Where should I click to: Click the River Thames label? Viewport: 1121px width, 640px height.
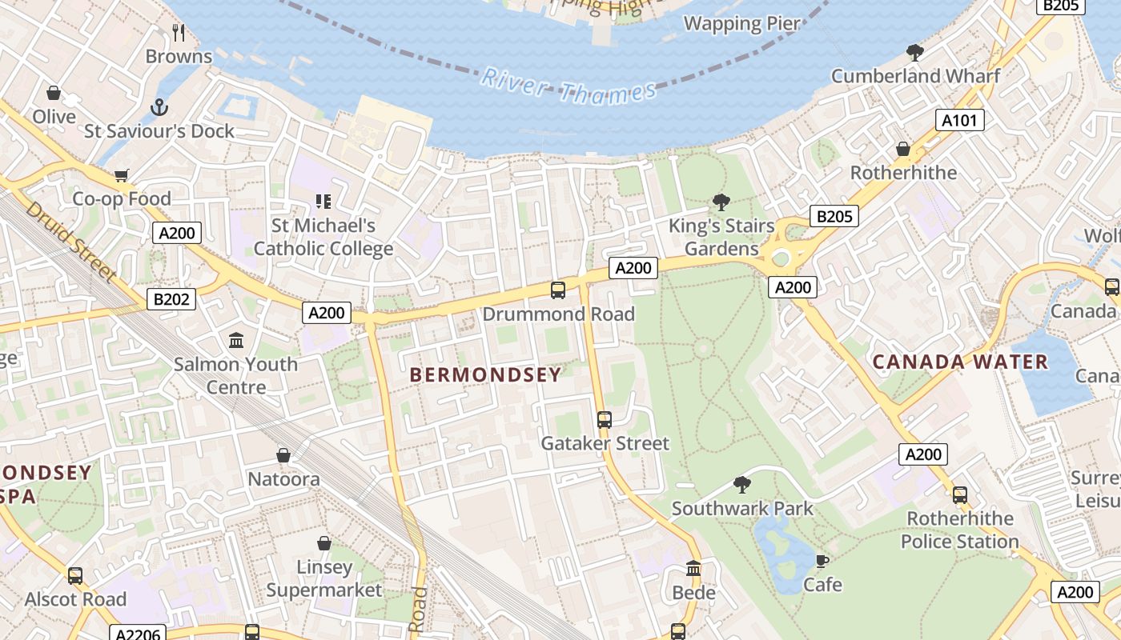pyautogui.click(x=569, y=86)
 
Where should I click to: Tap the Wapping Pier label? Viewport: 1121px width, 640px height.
pyautogui.click(x=741, y=23)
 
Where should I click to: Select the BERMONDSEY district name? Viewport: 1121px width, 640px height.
pyautogui.click(x=485, y=374)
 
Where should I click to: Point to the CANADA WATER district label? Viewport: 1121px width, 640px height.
pyautogui.click(x=960, y=362)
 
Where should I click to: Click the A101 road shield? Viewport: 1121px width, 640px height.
pyautogui.click(x=959, y=121)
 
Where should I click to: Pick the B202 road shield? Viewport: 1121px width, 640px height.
pyautogui.click(x=171, y=299)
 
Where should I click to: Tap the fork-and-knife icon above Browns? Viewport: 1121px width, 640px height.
pyautogui.click(x=179, y=33)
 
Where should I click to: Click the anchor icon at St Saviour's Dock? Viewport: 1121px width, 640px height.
pyautogui.click(x=159, y=107)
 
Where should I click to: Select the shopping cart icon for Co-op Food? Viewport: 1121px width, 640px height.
pyautogui.click(x=122, y=175)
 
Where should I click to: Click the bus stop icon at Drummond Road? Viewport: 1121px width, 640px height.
pyautogui.click(x=558, y=290)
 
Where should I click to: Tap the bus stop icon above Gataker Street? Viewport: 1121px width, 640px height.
pyautogui.click(x=605, y=419)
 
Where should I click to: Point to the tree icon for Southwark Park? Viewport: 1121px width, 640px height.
pyautogui.click(x=742, y=484)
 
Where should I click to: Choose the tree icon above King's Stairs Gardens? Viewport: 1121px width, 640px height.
pyautogui.click(x=721, y=202)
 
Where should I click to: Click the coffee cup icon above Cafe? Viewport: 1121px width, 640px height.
pyautogui.click(x=822, y=561)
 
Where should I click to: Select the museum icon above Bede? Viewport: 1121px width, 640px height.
pyautogui.click(x=693, y=569)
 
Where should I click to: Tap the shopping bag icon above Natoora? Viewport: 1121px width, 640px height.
pyautogui.click(x=283, y=455)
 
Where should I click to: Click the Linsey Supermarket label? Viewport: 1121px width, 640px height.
pyautogui.click(x=324, y=578)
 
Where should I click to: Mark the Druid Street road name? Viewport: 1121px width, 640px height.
pyautogui.click(x=70, y=241)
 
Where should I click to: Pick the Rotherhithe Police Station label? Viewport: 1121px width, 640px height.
pyautogui.click(x=959, y=530)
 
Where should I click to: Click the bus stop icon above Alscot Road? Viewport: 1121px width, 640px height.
pyautogui.click(x=75, y=575)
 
